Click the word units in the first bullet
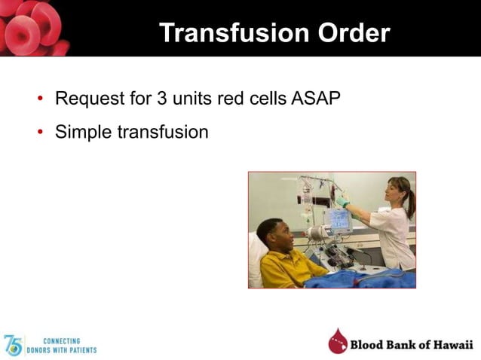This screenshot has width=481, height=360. (182, 98)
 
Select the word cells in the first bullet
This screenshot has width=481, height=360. (265, 98)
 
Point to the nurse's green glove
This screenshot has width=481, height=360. (343, 201)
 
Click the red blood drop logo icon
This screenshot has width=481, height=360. (338, 342)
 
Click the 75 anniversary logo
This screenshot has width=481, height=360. (13, 345)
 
